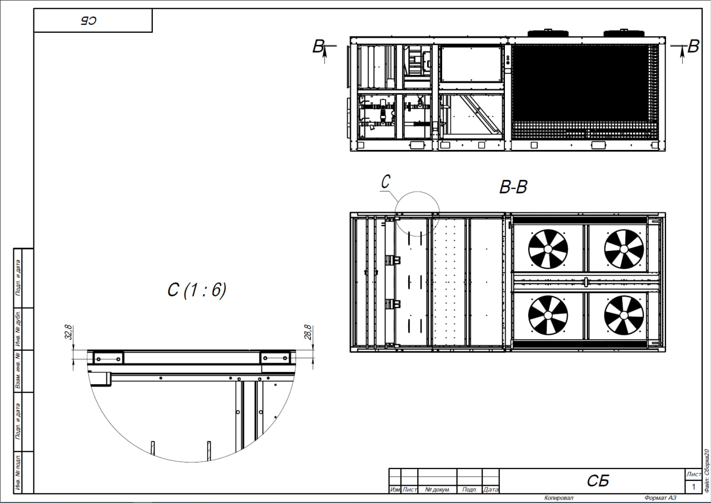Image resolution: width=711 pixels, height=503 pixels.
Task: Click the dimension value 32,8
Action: (x=69, y=332)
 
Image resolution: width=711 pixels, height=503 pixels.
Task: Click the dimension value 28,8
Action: (x=308, y=332)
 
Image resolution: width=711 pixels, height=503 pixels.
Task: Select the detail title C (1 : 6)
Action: (x=197, y=290)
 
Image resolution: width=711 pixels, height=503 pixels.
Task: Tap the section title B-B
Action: (x=513, y=187)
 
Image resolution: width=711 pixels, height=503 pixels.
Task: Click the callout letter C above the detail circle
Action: (x=385, y=182)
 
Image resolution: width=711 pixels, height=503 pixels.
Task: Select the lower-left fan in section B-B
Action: (x=548, y=315)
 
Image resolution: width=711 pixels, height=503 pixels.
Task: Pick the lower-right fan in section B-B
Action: (x=624, y=315)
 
